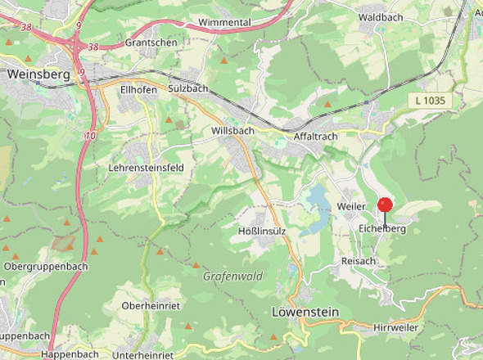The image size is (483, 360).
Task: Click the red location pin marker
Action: tap(385, 206)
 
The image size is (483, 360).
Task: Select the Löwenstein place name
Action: tap(305, 312)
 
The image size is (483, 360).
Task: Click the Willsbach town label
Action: tap(232, 131)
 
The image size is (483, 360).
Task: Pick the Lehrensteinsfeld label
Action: tap(146, 168)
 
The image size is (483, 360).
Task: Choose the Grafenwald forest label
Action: tap(232, 277)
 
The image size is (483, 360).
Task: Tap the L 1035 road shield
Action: tap(429, 100)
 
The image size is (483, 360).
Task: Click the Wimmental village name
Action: tap(225, 22)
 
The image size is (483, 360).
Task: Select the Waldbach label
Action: tap(379, 16)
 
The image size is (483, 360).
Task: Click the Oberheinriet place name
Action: tap(150, 305)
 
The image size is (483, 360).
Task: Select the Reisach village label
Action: tap(358, 260)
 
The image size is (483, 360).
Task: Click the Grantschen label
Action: tap(151, 42)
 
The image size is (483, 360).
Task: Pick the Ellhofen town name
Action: tap(138, 89)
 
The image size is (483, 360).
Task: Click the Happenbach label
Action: tap(70, 353)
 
